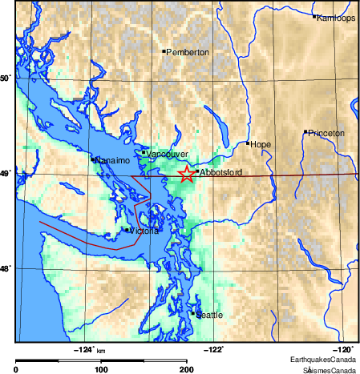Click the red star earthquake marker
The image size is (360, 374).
pos(186,174)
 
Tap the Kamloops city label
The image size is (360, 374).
pos(337,18)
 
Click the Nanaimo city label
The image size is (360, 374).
pos(112,161)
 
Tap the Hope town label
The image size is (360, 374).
pos(261,145)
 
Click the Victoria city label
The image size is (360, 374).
pos(144,231)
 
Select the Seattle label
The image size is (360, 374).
pos(210,316)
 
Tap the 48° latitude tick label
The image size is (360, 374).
pos(6,269)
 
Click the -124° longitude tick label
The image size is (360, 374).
pos(84,348)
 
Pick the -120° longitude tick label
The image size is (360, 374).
pos(345,348)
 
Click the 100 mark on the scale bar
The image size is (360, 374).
pos(102,369)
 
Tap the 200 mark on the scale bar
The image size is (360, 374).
pos(187,369)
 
